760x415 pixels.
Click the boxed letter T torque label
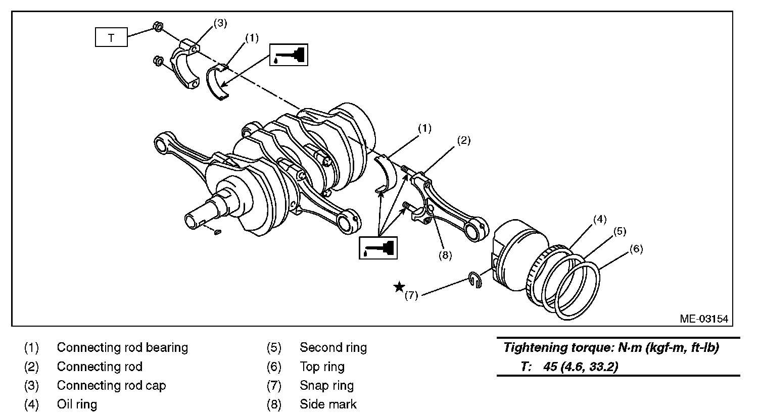click(111, 38)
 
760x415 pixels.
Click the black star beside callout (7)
click(399, 287)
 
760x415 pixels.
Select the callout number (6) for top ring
click(636, 249)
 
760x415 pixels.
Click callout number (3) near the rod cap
click(220, 23)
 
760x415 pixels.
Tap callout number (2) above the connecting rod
click(463, 140)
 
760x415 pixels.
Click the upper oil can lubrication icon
click(289, 55)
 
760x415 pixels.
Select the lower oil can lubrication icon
click(378, 247)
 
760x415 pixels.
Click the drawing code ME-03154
click(704, 319)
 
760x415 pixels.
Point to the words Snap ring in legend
click(326, 386)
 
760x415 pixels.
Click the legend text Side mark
click(328, 404)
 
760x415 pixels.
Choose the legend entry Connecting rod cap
click(111, 386)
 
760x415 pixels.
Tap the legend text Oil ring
click(77, 404)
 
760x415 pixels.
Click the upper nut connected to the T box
click(157, 27)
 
